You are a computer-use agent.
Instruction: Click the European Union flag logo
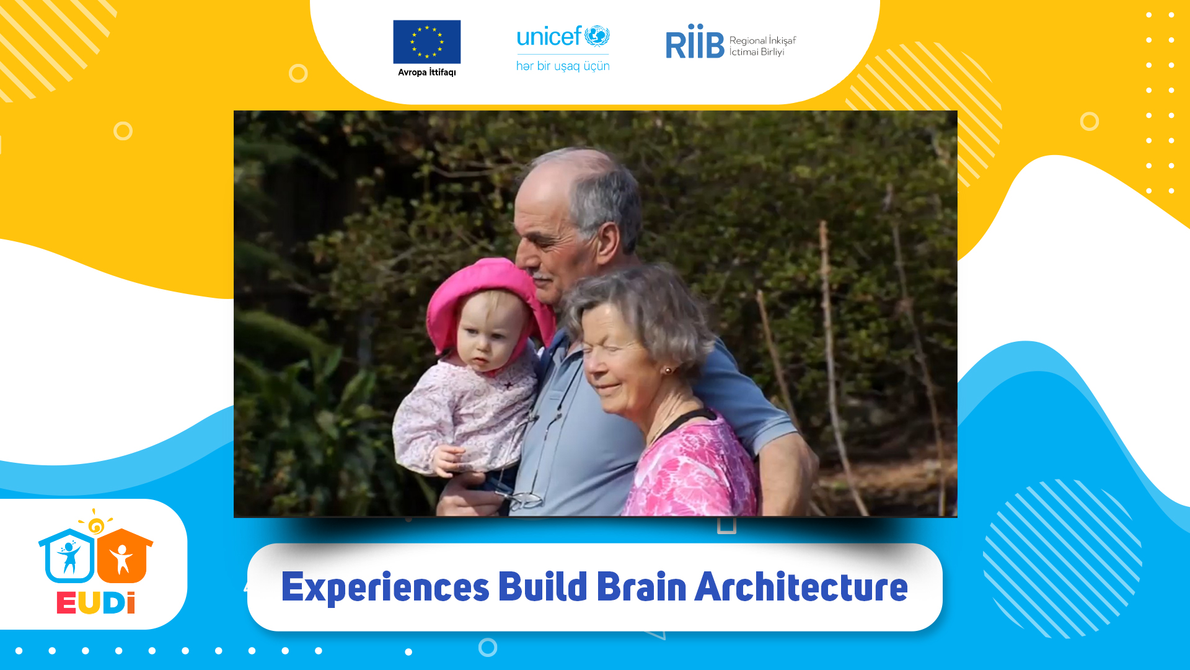(426, 42)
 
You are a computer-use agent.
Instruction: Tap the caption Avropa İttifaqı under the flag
(426, 72)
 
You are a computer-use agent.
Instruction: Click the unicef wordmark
(563, 37)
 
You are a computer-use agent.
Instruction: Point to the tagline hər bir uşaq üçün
(563, 66)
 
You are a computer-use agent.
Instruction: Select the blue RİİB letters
(695, 42)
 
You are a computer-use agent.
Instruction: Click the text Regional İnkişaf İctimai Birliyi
(762, 46)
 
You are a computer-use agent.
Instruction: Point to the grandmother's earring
(668, 371)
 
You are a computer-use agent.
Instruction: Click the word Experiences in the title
(386, 587)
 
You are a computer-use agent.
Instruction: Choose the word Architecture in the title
(801, 586)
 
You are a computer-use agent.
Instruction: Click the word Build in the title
(543, 586)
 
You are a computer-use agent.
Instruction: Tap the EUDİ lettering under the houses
(96, 603)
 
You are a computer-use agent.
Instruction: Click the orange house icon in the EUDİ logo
(125, 556)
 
